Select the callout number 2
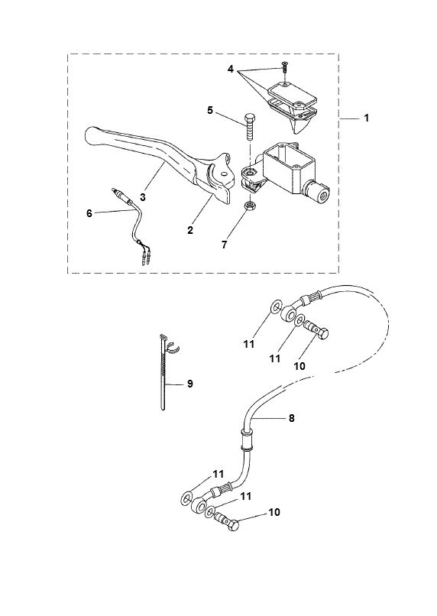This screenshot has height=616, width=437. (x=190, y=229)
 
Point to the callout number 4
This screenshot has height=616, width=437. (x=231, y=70)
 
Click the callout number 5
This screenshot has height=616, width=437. (x=209, y=110)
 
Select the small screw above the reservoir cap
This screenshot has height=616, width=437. (x=284, y=69)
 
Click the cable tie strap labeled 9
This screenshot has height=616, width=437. (x=166, y=374)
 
